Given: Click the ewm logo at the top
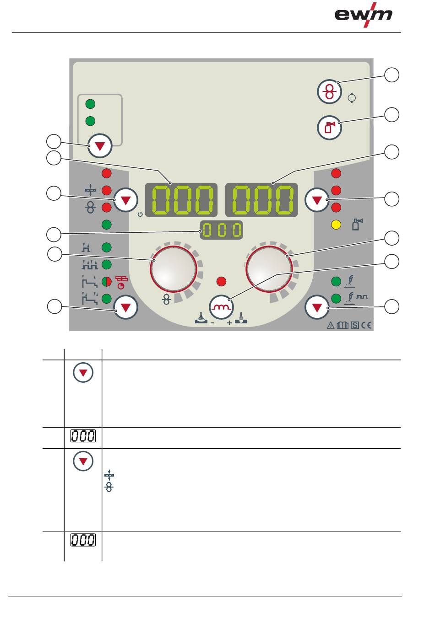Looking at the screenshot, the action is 363,15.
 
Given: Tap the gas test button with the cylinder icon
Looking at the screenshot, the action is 329,128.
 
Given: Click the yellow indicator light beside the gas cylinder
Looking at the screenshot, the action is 336,225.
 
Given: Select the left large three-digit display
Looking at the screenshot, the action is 181,200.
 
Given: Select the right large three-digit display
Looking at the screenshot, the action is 261,200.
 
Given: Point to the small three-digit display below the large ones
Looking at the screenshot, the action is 221,230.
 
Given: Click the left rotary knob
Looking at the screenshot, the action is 174,269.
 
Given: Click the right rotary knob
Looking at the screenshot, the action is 269,269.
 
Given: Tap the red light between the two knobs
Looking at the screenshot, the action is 221,282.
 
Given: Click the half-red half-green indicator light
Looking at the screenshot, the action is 106,282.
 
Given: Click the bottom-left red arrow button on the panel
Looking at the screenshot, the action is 126,307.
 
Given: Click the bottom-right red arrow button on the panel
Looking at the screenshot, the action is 317,307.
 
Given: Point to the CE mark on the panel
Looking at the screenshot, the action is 366,325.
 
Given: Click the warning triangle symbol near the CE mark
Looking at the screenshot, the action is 331,326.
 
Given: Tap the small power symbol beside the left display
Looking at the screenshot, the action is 140,214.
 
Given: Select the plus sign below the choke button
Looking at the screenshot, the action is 229,323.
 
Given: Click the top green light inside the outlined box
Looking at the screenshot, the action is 90,104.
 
